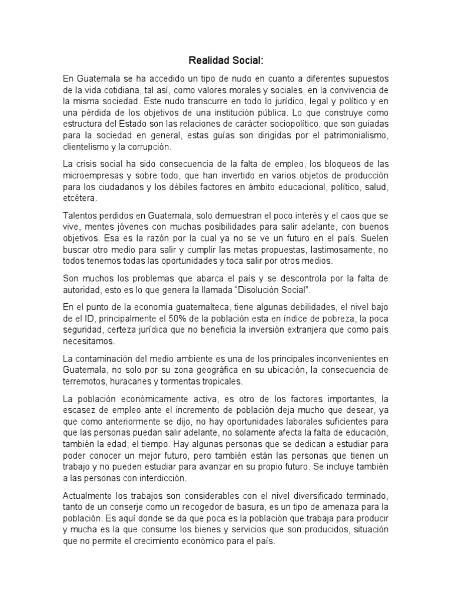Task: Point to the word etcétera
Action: click(81, 198)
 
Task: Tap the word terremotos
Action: click(85, 381)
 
